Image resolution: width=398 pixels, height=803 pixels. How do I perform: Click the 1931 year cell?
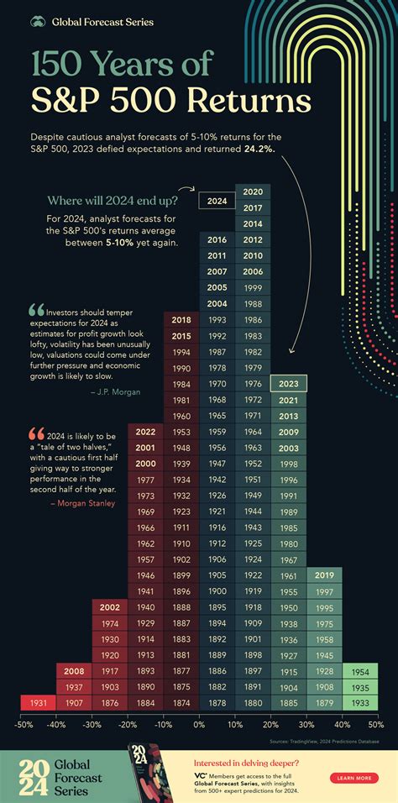37,702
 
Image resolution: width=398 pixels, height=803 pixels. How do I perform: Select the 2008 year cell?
74,671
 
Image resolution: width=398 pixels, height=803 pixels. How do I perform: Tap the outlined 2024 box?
217,202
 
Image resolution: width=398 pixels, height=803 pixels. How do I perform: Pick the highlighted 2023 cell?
289,384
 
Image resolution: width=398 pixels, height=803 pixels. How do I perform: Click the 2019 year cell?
324,575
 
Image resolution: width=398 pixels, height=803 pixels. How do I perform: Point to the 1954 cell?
359,671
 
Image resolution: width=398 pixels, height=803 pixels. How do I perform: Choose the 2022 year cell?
145,432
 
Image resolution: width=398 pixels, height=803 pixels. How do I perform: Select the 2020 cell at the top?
253,192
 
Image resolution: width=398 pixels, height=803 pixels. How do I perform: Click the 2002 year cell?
109,607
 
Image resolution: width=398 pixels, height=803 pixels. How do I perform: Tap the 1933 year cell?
359,702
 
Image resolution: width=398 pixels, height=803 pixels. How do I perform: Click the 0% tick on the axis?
199,724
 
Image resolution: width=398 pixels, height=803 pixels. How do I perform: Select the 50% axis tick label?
375,724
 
